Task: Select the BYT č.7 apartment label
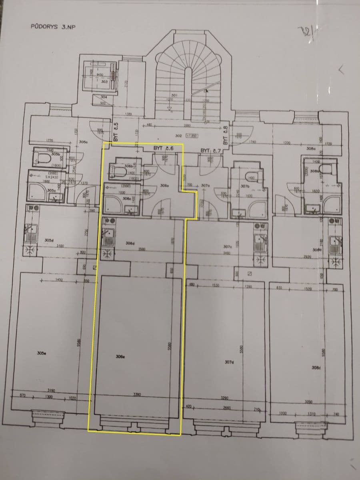pyautogui.click(x=211, y=150)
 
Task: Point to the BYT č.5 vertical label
pyautogui.click(x=116, y=132)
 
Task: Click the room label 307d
pyautogui.click(x=229, y=362)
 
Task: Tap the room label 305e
pyautogui.click(x=40, y=353)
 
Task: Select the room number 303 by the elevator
pyautogui.click(x=104, y=81)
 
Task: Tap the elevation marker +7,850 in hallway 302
pyautogui.click(x=191, y=136)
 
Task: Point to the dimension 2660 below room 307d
pyautogui.click(x=228, y=408)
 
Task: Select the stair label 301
pyautogui.click(x=174, y=96)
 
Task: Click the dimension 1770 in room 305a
pyautogui.click(x=50, y=140)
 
